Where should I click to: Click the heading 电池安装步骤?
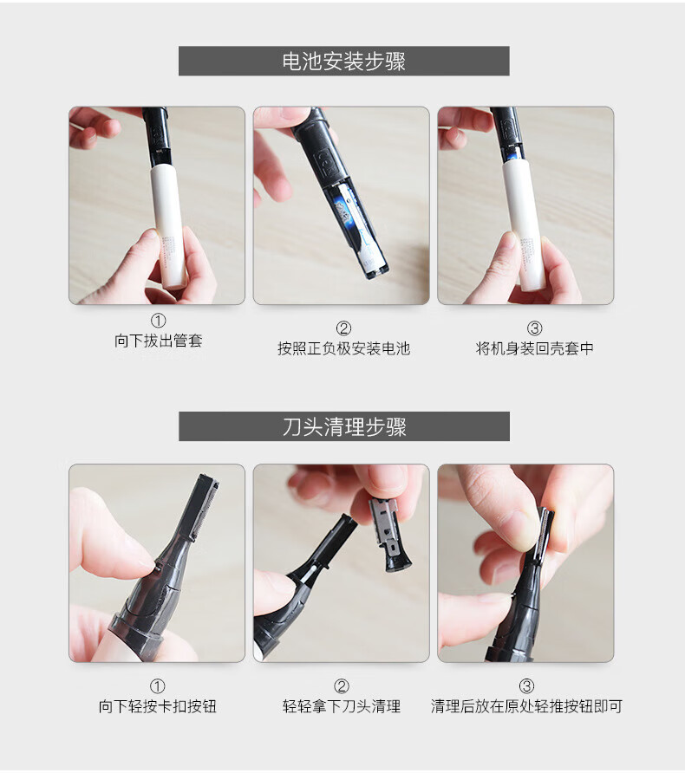click(x=343, y=62)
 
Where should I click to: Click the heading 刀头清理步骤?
click(x=343, y=426)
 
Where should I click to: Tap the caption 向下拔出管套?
click(x=159, y=341)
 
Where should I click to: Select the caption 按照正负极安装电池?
click(x=343, y=348)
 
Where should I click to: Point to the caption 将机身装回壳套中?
click(x=535, y=348)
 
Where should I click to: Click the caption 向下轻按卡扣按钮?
click(x=157, y=706)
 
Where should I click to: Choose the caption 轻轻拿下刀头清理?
click(x=342, y=706)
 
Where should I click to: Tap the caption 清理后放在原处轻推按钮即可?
click(x=526, y=706)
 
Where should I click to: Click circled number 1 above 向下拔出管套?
click(x=159, y=321)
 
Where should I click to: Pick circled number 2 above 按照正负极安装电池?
click(x=343, y=328)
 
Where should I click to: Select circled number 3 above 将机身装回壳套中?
click(x=535, y=328)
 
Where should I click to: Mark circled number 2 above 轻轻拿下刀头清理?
click(x=342, y=686)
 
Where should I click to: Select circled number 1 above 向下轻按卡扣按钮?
click(x=157, y=686)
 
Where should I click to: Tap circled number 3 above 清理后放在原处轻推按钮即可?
click(x=526, y=686)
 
